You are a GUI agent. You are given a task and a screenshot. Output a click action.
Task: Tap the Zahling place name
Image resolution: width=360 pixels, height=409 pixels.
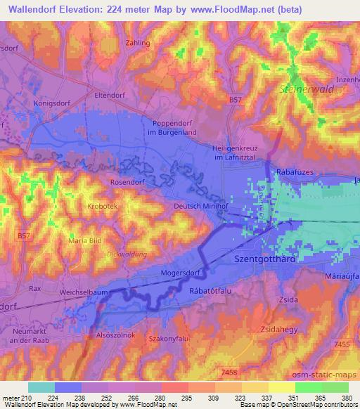pos(138,43)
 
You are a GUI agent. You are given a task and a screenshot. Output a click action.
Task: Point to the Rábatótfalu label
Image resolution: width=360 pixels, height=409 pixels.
pos(212,292)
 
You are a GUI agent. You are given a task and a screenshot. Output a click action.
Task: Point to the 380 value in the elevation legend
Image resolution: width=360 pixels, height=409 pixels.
pos(347,398)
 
